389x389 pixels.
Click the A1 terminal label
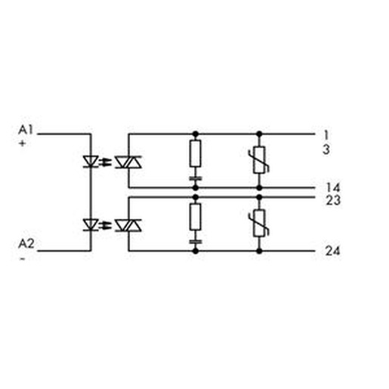(26, 130)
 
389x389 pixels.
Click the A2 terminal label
(26, 244)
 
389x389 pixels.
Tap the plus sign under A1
(23, 144)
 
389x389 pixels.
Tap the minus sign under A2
(23, 258)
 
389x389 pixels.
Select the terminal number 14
(333, 187)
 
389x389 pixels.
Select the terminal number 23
(333, 200)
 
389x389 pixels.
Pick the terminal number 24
(333, 251)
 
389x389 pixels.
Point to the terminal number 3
(326, 150)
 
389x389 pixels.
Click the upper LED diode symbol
(91, 162)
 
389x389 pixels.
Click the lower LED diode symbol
(91, 225)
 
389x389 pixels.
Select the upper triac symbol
(128, 162)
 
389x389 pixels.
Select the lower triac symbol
(128, 225)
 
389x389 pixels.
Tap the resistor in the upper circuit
(196, 153)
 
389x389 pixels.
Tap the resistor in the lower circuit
(196, 217)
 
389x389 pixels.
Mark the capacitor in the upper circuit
(196, 178)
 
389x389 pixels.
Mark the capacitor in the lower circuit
(196, 242)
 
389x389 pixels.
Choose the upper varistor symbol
(259, 160)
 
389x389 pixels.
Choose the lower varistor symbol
(259, 223)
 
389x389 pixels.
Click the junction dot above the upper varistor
(259, 134)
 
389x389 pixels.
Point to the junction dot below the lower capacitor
(196, 251)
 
